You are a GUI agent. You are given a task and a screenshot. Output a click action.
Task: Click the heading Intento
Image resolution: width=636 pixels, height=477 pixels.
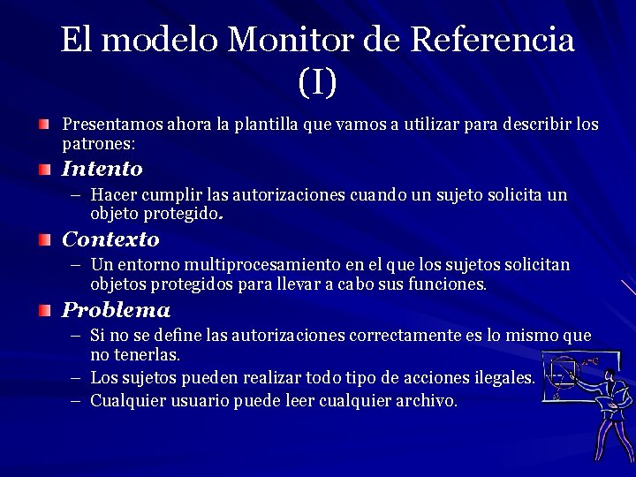pos(102,169)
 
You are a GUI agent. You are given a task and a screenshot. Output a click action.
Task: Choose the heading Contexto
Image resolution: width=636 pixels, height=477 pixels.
pos(110,239)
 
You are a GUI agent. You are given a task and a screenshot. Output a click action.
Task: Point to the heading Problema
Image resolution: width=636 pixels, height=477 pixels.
pos(115,310)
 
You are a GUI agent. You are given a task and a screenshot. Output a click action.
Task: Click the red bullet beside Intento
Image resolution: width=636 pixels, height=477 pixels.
pos(45,168)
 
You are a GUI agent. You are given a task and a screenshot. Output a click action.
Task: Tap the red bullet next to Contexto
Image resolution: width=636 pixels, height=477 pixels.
pos(45,238)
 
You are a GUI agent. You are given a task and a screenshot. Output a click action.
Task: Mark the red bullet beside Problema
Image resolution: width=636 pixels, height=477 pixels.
pos(45,309)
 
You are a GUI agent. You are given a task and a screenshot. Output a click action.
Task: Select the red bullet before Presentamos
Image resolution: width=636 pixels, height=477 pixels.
pos(45,123)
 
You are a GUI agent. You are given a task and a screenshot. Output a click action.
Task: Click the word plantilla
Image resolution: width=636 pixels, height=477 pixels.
pos(266,124)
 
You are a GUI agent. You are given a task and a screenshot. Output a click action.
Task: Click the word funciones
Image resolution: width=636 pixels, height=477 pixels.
pos(450,284)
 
